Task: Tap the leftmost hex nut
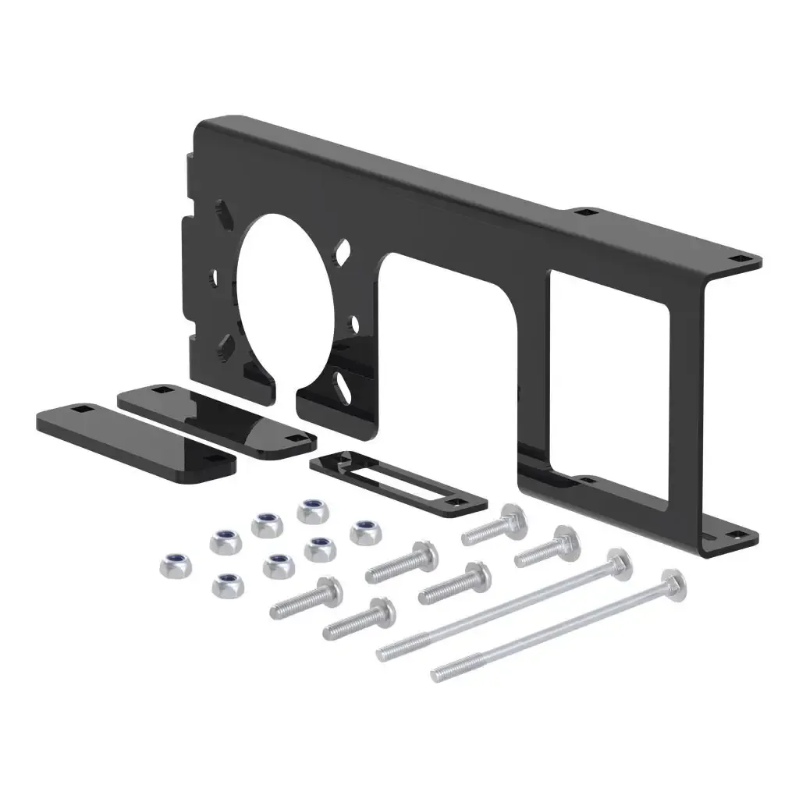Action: pos(172,564)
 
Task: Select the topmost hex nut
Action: pos(312,511)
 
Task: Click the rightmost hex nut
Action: pos(363,533)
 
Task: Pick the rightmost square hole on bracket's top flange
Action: pos(737,257)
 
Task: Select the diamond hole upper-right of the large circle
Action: pos(342,251)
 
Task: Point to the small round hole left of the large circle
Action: pos(212,277)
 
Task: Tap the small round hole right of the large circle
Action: pos(353,321)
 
